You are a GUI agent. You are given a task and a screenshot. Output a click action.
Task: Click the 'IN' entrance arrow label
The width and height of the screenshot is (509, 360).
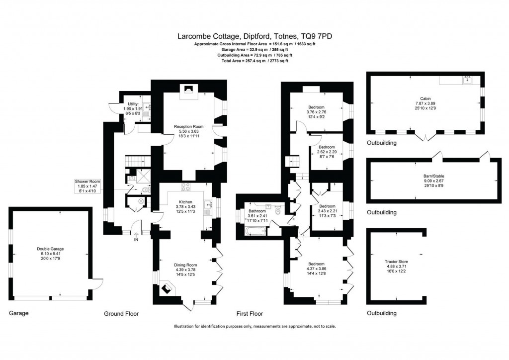[x=136, y=240]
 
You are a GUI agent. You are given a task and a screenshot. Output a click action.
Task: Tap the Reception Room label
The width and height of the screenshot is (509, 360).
[x=189, y=127]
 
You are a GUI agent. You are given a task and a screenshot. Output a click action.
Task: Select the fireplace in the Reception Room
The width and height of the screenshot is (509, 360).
[x=188, y=90]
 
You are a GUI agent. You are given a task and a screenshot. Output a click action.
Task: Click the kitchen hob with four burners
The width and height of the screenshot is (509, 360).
[x=186, y=187]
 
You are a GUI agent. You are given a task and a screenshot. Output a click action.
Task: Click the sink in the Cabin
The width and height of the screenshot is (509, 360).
[x=467, y=80]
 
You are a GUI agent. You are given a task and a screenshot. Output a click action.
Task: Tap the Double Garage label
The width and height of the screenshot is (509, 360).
[x=50, y=249]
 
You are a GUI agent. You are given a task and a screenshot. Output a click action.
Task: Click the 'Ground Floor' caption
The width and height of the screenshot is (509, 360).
[x=121, y=314]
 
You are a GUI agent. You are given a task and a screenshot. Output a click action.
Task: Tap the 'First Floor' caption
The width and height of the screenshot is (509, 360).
[x=250, y=314]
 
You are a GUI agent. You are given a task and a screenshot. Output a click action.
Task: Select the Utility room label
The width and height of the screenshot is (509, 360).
[x=133, y=104]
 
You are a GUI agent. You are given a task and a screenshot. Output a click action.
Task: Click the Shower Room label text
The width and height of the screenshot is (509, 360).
[x=87, y=181]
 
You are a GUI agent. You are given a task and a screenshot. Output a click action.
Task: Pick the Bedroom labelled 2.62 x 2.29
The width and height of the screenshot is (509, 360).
[x=327, y=147]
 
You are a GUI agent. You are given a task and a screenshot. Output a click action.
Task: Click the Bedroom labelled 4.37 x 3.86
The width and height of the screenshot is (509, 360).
[x=316, y=264]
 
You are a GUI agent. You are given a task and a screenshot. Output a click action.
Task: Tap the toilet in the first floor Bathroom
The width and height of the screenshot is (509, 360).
[x=278, y=210]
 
